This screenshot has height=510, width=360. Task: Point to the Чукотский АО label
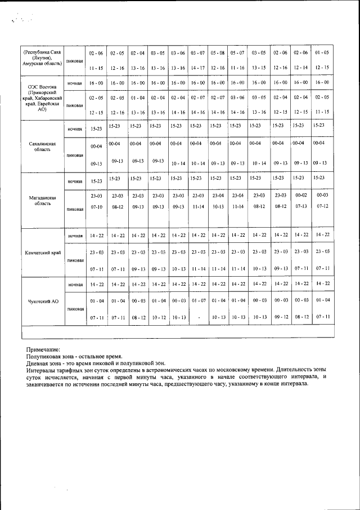(43, 302)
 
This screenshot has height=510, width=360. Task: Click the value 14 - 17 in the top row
(197, 68)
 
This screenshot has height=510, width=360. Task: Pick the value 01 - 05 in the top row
(322, 53)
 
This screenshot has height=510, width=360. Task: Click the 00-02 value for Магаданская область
(301, 195)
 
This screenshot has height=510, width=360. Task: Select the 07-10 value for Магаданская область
(96, 207)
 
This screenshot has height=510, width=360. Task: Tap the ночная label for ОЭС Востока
(75, 83)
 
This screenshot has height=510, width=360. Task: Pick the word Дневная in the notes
(39, 364)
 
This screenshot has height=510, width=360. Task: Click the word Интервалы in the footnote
(43, 371)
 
